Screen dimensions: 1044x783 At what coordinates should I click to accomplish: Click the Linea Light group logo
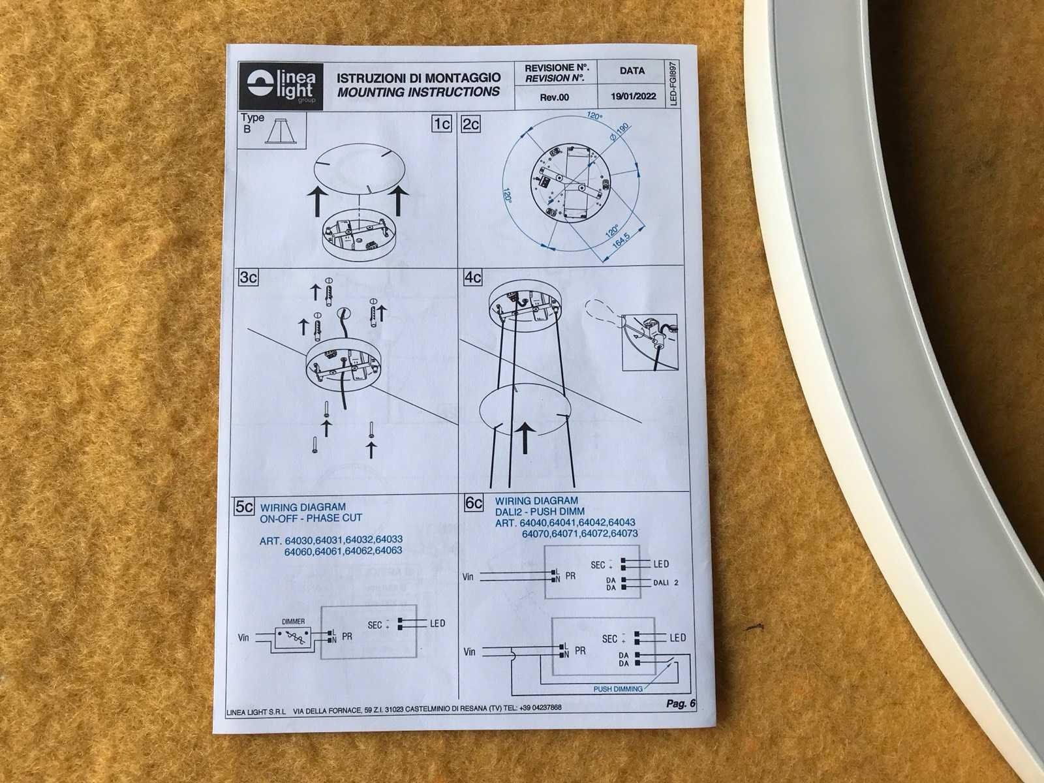point(281,87)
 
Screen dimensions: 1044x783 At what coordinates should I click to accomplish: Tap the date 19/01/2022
point(633,97)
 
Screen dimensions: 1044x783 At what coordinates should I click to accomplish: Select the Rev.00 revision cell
point(554,97)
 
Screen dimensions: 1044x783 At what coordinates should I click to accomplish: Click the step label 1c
point(441,124)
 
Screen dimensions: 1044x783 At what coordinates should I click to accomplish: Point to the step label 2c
point(471,125)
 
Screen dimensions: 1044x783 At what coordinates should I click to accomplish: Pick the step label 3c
point(248,278)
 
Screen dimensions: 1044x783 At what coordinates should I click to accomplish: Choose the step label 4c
point(473,277)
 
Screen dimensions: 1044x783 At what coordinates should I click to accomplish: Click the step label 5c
point(245,507)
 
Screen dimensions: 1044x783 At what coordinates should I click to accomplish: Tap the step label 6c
point(473,502)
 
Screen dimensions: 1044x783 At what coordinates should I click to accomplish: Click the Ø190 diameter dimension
point(619,131)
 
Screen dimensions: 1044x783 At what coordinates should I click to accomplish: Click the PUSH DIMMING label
point(618,689)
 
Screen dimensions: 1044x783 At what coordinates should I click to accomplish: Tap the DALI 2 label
point(666,583)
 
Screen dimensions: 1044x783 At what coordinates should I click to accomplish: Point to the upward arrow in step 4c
point(525,438)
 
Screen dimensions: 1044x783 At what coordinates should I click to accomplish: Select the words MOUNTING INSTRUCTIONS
point(418,92)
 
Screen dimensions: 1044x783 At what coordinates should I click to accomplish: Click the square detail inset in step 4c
point(650,343)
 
